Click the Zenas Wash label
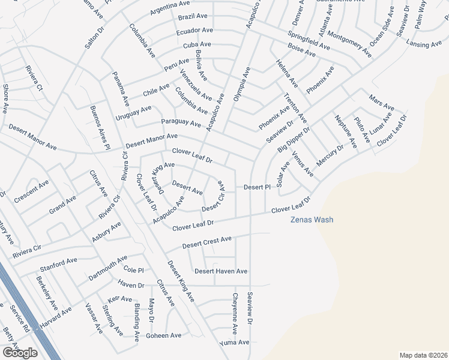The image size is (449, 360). pyautogui.click(x=312, y=220)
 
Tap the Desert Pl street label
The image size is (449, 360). pyautogui.click(x=257, y=187)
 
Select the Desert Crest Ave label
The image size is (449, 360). pyautogui.click(x=207, y=243)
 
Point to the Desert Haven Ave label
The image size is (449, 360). pyautogui.click(x=221, y=271)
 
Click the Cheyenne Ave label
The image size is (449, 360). pyautogui.click(x=235, y=314)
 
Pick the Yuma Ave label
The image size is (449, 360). pyautogui.click(x=234, y=343)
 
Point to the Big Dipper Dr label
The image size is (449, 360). pyautogui.click(x=294, y=140)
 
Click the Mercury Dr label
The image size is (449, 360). pyautogui.click(x=330, y=156)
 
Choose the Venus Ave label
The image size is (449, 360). pyautogui.click(x=303, y=164)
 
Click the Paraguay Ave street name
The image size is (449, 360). pyautogui.click(x=181, y=122)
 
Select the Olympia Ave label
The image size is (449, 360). pyautogui.click(x=242, y=83)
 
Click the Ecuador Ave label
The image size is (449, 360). pyautogui.click(x=194, y=30)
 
